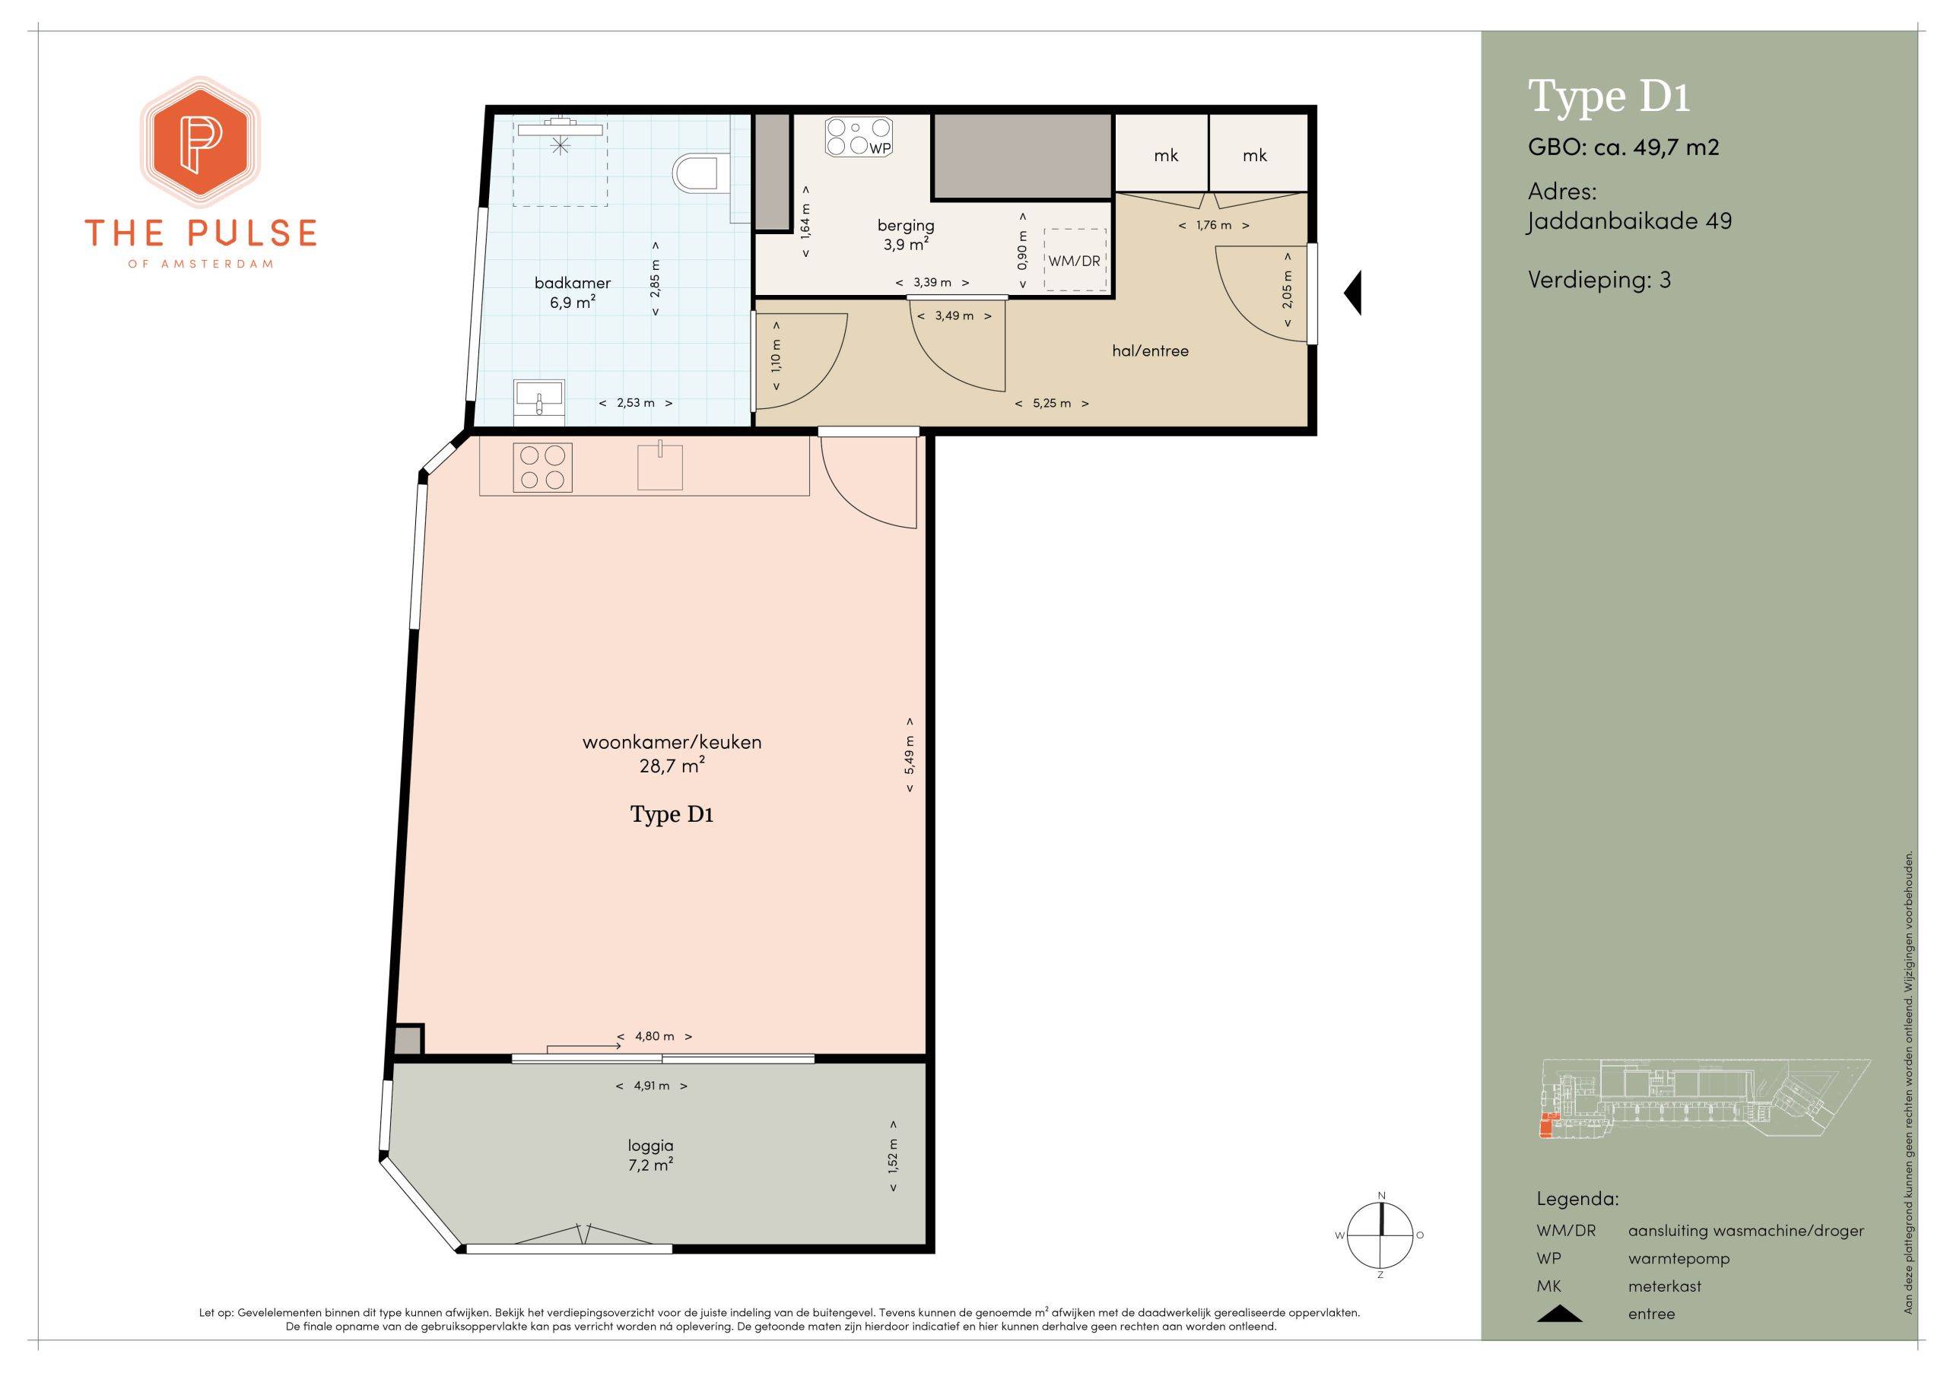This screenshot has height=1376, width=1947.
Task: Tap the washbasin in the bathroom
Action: pos(538,398)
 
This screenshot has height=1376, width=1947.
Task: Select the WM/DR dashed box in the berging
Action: pos(1075,259)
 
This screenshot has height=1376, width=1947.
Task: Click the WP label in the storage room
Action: pos(880,147)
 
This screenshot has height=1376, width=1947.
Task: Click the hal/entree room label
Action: pos(1150,351)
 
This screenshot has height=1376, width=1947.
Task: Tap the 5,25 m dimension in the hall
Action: pos(1052,404)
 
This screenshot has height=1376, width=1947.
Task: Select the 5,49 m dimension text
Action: pos(909,755)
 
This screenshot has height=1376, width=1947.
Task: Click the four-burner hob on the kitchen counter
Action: pos(542,467)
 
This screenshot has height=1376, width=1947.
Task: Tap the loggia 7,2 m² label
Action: pos(650,1155)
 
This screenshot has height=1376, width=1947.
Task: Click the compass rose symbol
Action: pos(1380,1235)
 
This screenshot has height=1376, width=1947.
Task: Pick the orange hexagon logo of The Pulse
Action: pos(200,141)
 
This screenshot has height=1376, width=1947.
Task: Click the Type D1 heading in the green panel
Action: pos(1609,97)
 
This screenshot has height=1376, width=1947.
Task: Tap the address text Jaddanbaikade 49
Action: pos(1629,222)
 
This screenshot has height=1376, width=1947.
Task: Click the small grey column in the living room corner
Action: pos(408,1039)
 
